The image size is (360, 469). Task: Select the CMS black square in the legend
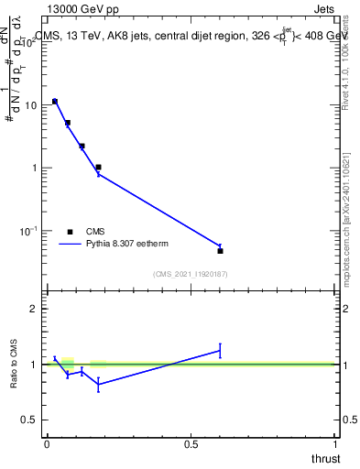pos(70,232)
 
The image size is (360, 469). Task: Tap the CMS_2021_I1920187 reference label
pos(191,274)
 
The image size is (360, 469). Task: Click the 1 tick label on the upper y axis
pos(34,169)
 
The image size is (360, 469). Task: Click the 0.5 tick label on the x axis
pos(191,444)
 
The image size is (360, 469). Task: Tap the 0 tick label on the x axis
pos(47,444)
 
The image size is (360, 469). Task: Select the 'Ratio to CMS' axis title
pos(15,364)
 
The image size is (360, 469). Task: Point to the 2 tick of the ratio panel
pos(34,309)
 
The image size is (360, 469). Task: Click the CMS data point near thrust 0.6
pos(220,250)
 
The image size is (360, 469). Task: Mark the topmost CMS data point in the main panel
pos(55,102)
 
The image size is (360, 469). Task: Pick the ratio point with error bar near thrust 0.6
pos(220,350)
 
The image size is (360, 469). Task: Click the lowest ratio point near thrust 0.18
pos(98,385)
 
